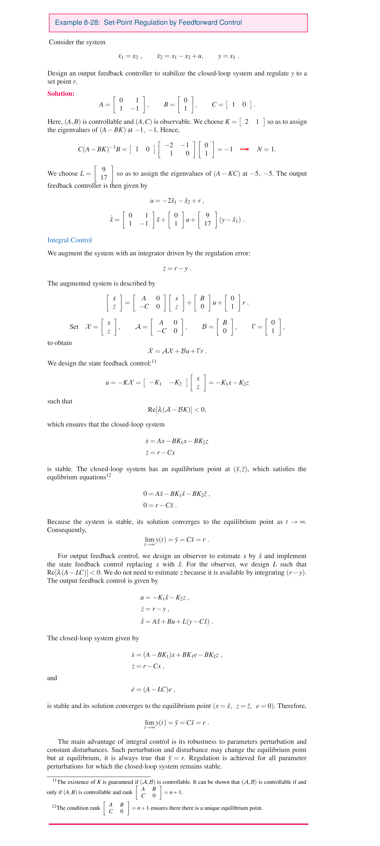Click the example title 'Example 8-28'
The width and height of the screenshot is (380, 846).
coord(77,23)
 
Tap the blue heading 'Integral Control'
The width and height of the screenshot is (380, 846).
coord(70,240)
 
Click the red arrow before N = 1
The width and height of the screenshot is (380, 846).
coord(244,149)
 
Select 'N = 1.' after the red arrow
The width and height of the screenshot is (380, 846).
coord(266,149)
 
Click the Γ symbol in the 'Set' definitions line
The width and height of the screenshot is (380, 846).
coord(253,327)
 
